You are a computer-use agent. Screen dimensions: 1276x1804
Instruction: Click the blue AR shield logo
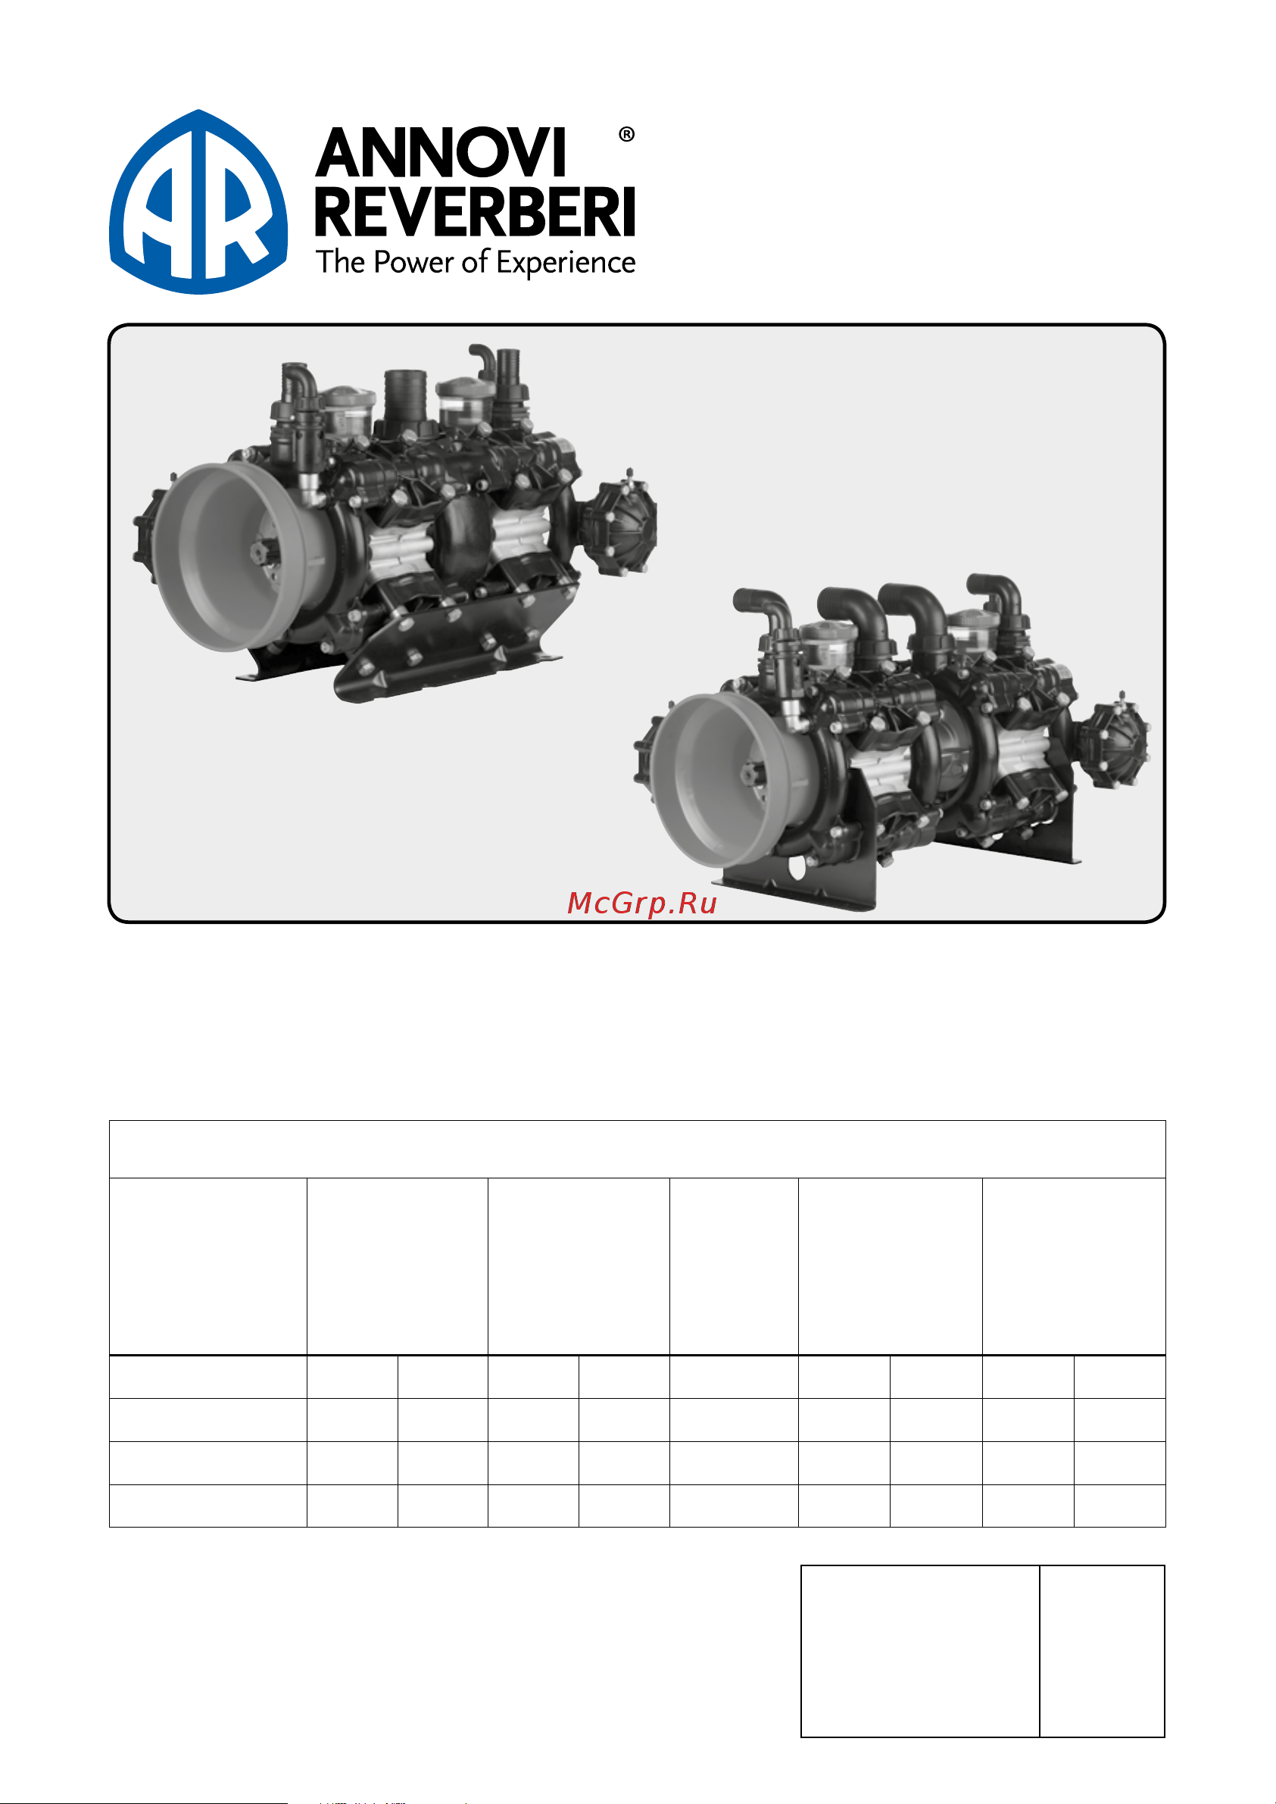(x=198, y=202)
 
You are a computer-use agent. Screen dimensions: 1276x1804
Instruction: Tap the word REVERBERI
(x=476, y=212)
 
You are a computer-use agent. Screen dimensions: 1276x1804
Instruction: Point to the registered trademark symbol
(x=626, y=134)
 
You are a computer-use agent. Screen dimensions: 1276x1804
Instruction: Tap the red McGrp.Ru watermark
(x=642, y=903)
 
